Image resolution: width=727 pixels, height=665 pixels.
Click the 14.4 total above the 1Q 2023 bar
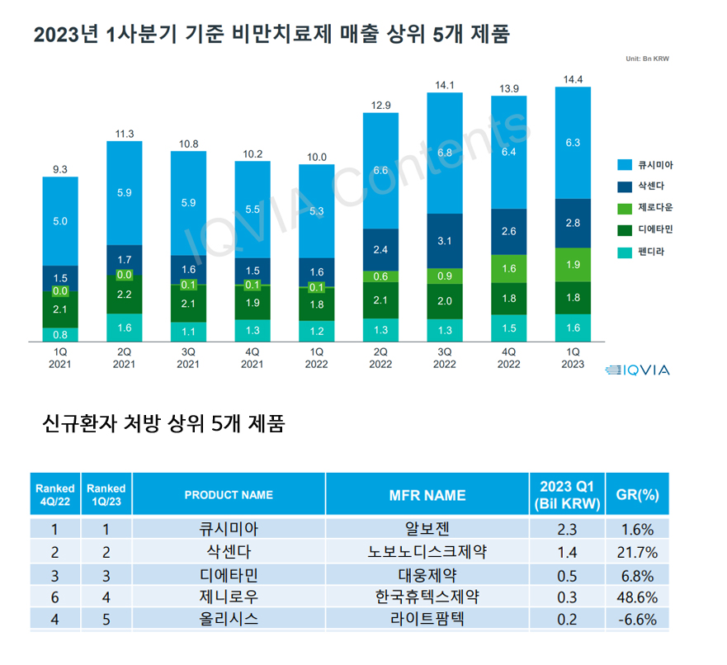point(573,79)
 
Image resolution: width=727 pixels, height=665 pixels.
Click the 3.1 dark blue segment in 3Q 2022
point(444,240)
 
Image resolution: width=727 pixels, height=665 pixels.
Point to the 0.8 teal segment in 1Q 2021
point(60,335)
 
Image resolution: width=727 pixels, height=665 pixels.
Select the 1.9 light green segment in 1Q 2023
point(573,265)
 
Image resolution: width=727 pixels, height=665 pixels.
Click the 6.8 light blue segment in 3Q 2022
point(444,153)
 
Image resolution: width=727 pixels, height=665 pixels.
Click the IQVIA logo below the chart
point(637,370)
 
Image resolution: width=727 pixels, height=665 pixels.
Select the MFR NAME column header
point(427,495)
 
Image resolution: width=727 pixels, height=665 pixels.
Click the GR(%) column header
point(637,495)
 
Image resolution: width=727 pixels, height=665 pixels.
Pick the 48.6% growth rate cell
point(637,597)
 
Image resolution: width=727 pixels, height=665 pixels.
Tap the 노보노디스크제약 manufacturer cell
point(427,551)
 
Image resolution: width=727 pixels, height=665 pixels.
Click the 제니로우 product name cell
point(229,597)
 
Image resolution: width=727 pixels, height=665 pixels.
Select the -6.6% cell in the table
point(637,620)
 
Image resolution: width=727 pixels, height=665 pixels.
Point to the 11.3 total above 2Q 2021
point(124,134)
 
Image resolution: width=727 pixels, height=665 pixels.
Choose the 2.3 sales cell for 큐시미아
point(567,529)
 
